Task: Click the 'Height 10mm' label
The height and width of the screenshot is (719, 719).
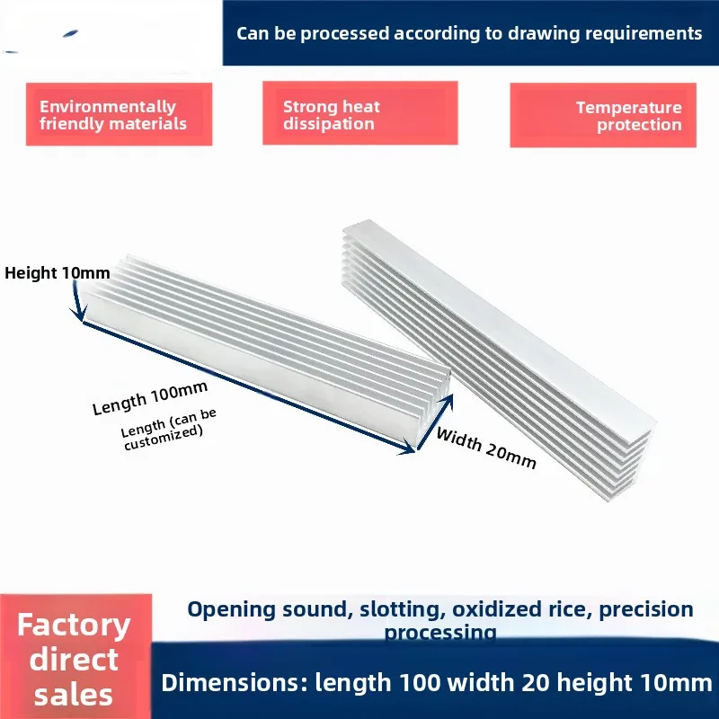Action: (x=58, y=273)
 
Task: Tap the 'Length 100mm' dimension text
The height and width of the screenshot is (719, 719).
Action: (x=150, y=398)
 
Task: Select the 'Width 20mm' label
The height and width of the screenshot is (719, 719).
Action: (x=485, y=448)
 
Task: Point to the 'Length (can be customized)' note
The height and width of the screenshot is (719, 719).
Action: (x=169, y=430)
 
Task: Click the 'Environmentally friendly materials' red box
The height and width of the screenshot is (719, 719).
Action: (x=119, y=114)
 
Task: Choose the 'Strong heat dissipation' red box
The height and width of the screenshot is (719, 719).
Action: (x=360, y=113)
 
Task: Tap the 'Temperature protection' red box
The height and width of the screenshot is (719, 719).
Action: (x=603, y=115)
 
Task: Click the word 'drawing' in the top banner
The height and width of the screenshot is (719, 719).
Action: (x=543, y=33)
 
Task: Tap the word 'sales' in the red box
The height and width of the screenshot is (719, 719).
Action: (x=74, y=695)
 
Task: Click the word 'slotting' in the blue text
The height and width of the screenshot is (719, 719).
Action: (x=403, y=609)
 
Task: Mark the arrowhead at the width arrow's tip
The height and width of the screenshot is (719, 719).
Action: (x=448, y=400)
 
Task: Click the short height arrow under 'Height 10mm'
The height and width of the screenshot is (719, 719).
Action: (x=77, y=301)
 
